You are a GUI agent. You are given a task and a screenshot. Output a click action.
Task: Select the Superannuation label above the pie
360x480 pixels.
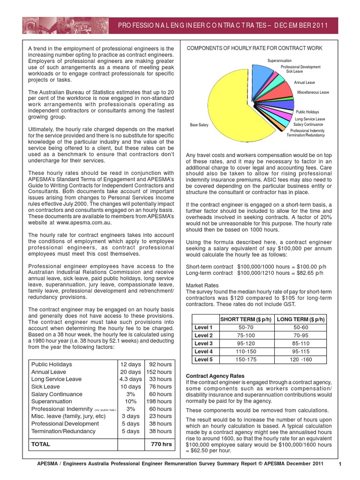279,61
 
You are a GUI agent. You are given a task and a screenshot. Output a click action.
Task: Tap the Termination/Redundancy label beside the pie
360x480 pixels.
306,135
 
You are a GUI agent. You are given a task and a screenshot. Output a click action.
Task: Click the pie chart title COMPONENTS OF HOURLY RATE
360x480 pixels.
255,48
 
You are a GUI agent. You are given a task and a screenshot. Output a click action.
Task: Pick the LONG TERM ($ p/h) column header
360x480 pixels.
301,319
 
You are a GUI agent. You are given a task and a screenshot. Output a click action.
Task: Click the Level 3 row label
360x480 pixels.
204,343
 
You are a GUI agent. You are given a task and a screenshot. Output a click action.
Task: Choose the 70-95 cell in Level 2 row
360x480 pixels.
301,335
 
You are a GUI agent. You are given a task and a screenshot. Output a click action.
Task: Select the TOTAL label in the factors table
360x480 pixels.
41,444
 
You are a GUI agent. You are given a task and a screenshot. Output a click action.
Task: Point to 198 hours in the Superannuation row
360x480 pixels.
160,401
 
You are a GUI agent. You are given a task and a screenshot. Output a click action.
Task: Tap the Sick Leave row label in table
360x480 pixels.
45,387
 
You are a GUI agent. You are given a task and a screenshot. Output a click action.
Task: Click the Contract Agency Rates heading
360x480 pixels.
215,376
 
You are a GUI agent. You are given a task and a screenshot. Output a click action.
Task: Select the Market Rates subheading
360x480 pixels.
202,285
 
